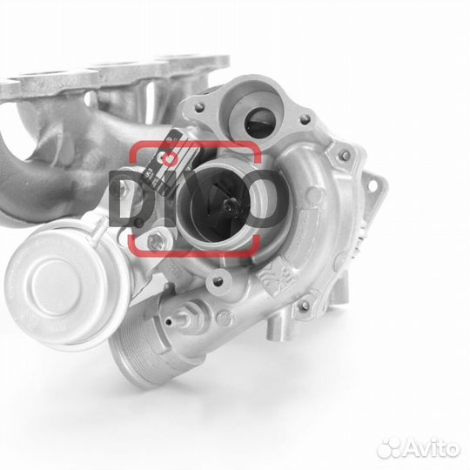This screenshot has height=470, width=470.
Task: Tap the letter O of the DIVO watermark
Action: (x=262, y=199)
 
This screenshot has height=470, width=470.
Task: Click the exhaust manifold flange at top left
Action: (x=113, y=74)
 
